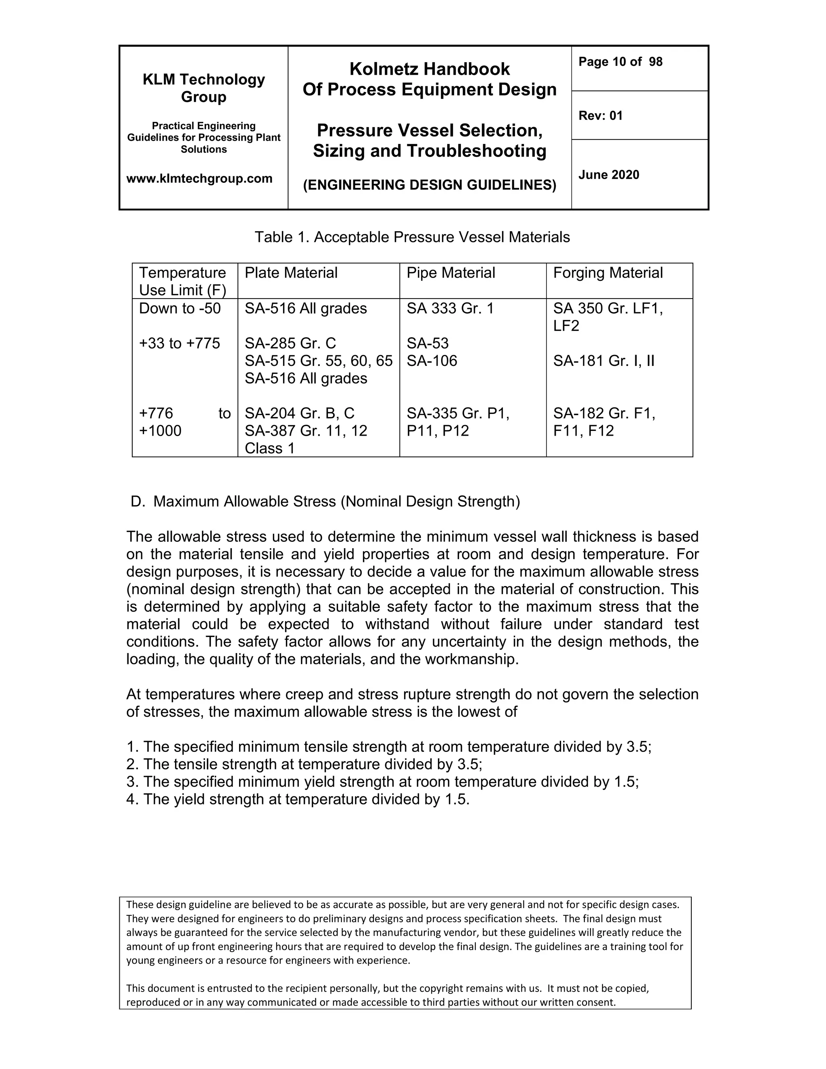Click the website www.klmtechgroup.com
(x=199, y=179)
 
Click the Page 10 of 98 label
(x=620, y=62)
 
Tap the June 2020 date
(x=608, y=175)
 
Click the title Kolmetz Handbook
(x=429, y=69)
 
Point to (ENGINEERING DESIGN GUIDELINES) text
(x=429, y=185)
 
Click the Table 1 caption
(x=412, y=237)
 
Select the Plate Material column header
(x=291, y=273)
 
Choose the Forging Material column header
(x=607, y=273)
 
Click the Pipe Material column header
(x=450, y=273)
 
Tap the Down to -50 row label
(x=179, y=308)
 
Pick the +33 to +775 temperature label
(x=179, y=343)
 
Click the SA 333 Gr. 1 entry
(x=450, y=308)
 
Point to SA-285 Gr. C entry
(x=290, y=343)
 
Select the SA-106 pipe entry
(x=432, y=361)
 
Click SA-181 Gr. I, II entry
(x=603, y=361)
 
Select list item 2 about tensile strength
(x=304, y=764)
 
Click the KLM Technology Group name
(x=204, y=88)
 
